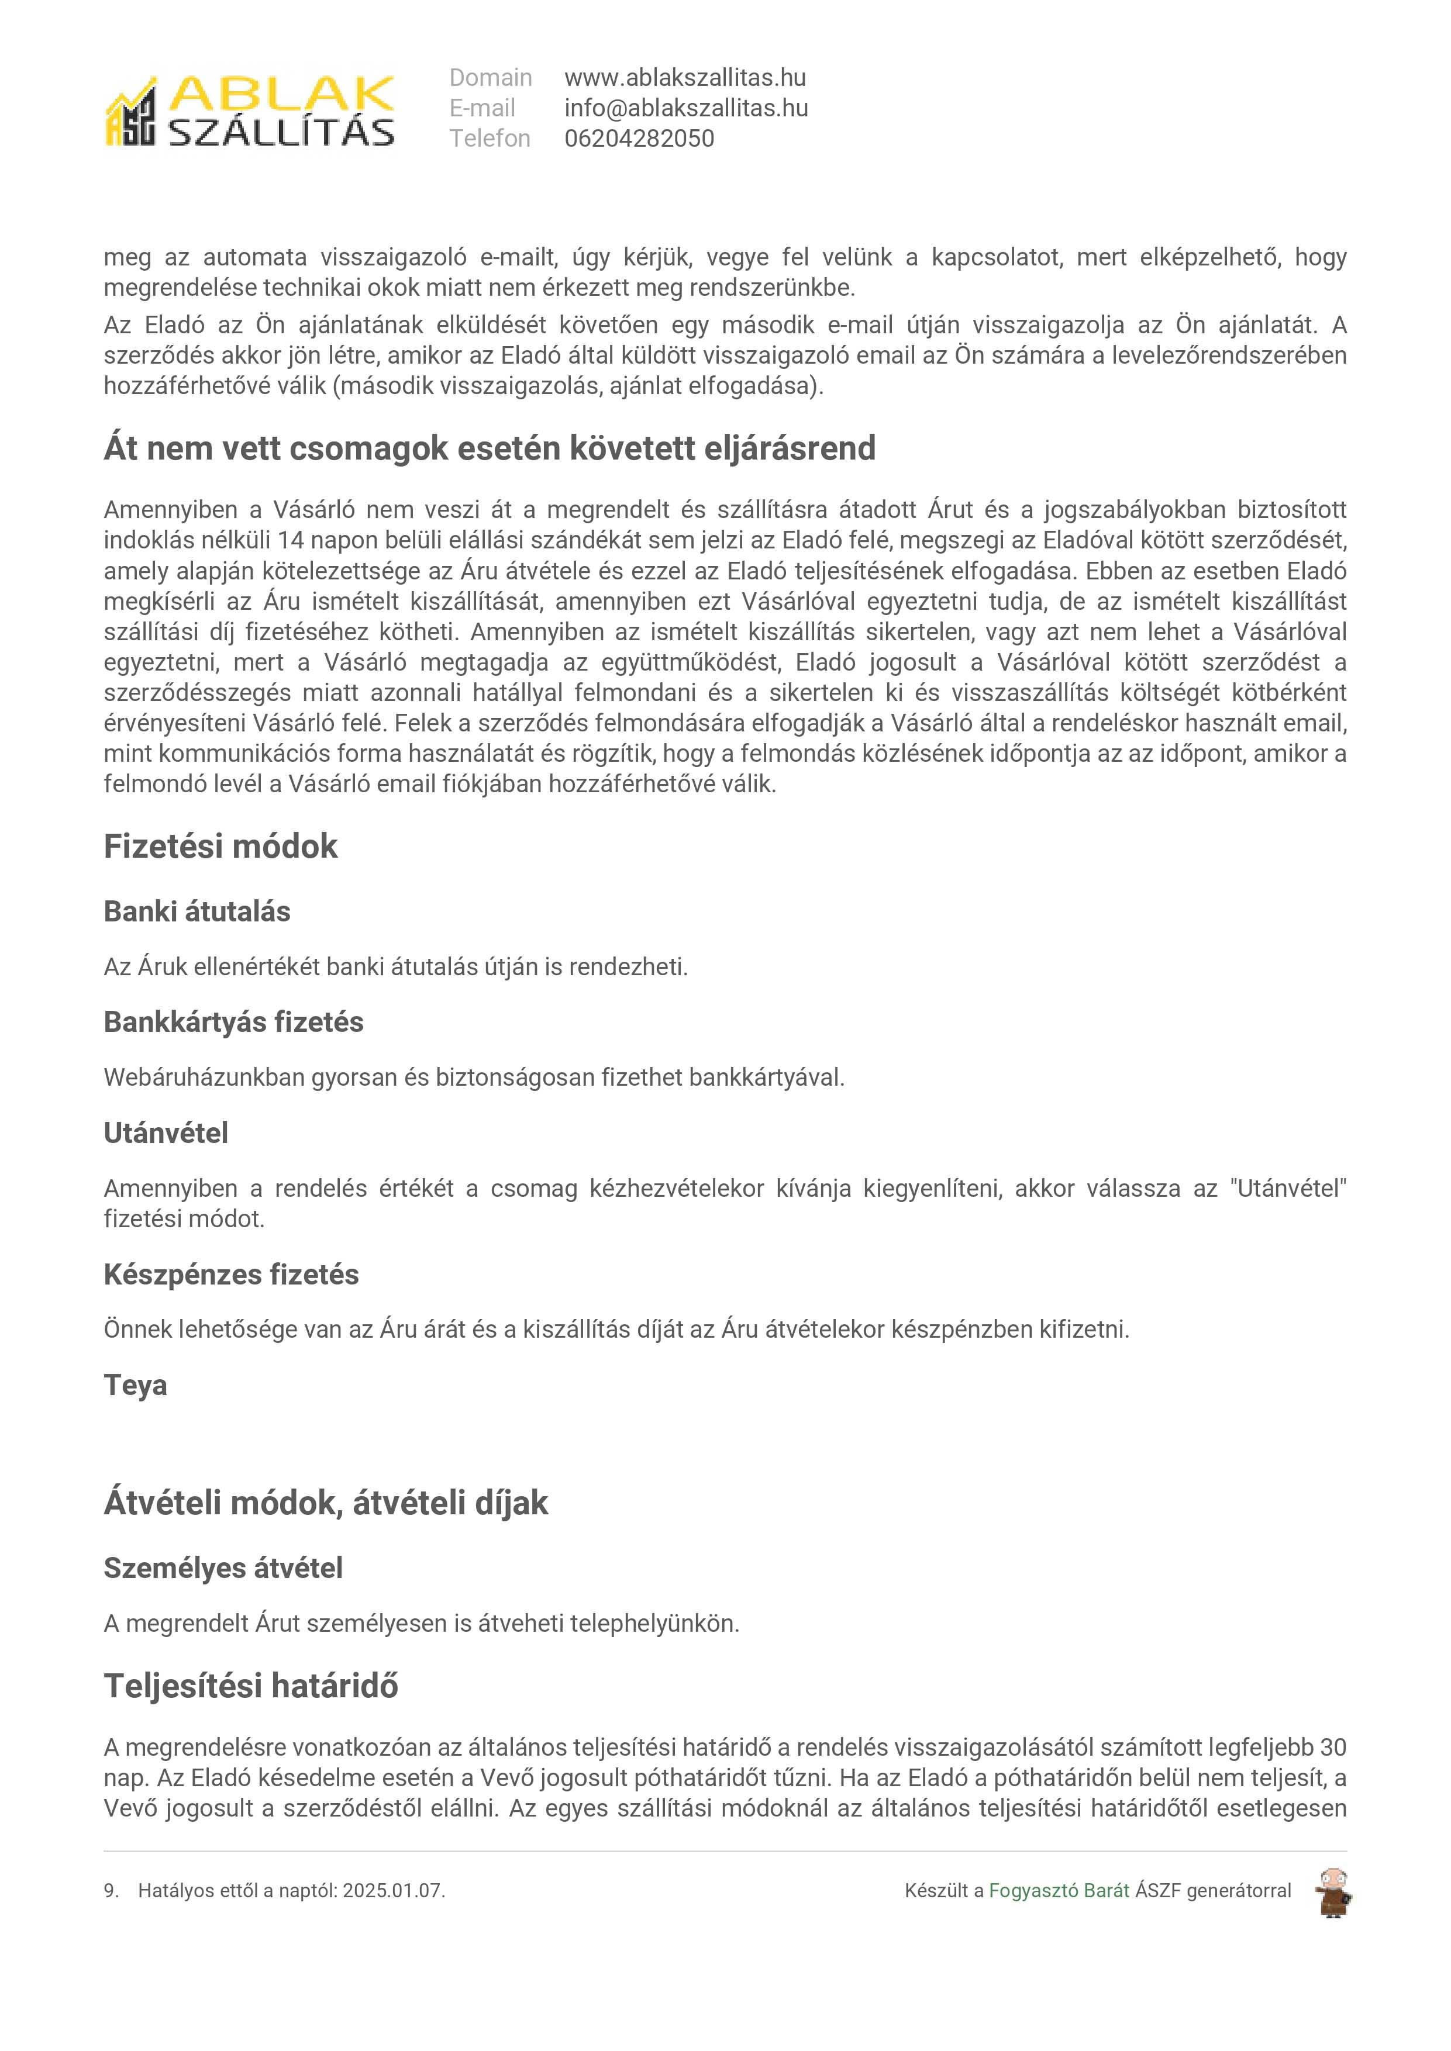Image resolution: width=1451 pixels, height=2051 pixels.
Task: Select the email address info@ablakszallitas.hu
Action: pos(685,108)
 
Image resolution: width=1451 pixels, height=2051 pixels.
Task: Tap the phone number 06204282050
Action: pos(639,139)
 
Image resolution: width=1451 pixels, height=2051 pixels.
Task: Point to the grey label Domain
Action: pos(491,78)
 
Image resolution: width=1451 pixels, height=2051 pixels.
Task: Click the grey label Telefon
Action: pos(490,139)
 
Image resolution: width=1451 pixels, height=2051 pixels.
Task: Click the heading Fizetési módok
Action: pos(220,846)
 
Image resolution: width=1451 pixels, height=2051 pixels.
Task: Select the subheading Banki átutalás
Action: pos(198,911)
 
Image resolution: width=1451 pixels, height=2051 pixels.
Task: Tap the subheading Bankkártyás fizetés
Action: pos(233,1022)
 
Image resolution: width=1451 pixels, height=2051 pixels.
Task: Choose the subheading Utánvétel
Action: pos(166,1132)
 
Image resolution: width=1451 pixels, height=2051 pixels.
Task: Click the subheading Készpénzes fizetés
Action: pos(232,1274)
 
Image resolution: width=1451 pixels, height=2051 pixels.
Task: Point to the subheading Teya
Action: pos(135,1384)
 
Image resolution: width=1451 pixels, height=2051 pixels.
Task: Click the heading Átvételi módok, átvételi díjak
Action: pos(325,1503)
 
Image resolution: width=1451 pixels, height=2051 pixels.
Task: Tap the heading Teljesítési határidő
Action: pos(251,1686)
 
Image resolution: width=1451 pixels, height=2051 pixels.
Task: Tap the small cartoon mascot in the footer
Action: pos(1332,1892)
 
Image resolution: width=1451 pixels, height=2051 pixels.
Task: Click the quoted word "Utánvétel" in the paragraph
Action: pos(1287,1188)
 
